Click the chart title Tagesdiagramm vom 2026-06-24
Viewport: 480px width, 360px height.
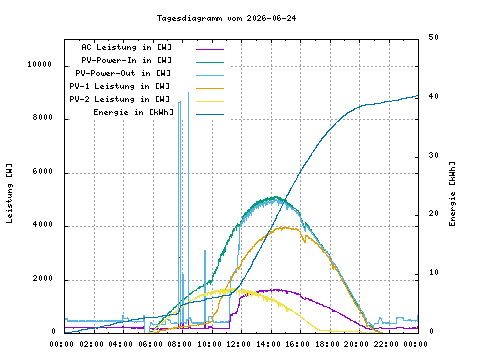226,18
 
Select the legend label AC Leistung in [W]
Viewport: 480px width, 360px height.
126,47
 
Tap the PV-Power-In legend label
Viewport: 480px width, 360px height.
126,60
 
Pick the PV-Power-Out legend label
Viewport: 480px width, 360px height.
123,73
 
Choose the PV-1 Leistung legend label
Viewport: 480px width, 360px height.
120,86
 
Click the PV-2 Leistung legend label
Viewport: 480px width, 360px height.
120,99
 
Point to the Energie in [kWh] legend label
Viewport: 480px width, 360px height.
133,112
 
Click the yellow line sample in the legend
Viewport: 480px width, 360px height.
210,101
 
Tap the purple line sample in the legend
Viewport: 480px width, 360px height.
210,49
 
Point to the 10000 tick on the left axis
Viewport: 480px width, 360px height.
40,64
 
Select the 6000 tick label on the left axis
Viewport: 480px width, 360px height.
43,171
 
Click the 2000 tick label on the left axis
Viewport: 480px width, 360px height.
43,278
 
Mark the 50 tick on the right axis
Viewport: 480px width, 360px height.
434,37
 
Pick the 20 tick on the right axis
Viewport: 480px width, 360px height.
434,213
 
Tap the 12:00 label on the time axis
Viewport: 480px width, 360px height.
238,344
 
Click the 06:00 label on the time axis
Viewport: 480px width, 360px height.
150,344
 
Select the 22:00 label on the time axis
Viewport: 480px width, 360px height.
386,344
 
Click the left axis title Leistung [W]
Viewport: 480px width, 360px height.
10,193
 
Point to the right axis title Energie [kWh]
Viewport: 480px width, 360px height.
452,194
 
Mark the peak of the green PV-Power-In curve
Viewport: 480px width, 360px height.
275,197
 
